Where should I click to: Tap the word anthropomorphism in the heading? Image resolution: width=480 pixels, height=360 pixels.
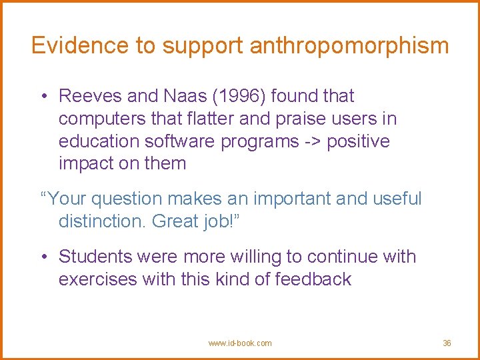coord(349,46)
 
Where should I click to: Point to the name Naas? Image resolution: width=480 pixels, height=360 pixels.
coord(183,96)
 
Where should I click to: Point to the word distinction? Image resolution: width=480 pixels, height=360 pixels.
coord(102,221)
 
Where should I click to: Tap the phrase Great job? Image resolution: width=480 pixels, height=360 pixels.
coord(195,221)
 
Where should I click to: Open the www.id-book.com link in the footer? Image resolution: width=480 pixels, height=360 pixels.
coord(240,343)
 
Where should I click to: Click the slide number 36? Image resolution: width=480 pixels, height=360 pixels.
coord(447,343)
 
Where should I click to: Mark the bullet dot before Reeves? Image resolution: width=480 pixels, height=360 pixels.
coord(43,97)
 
